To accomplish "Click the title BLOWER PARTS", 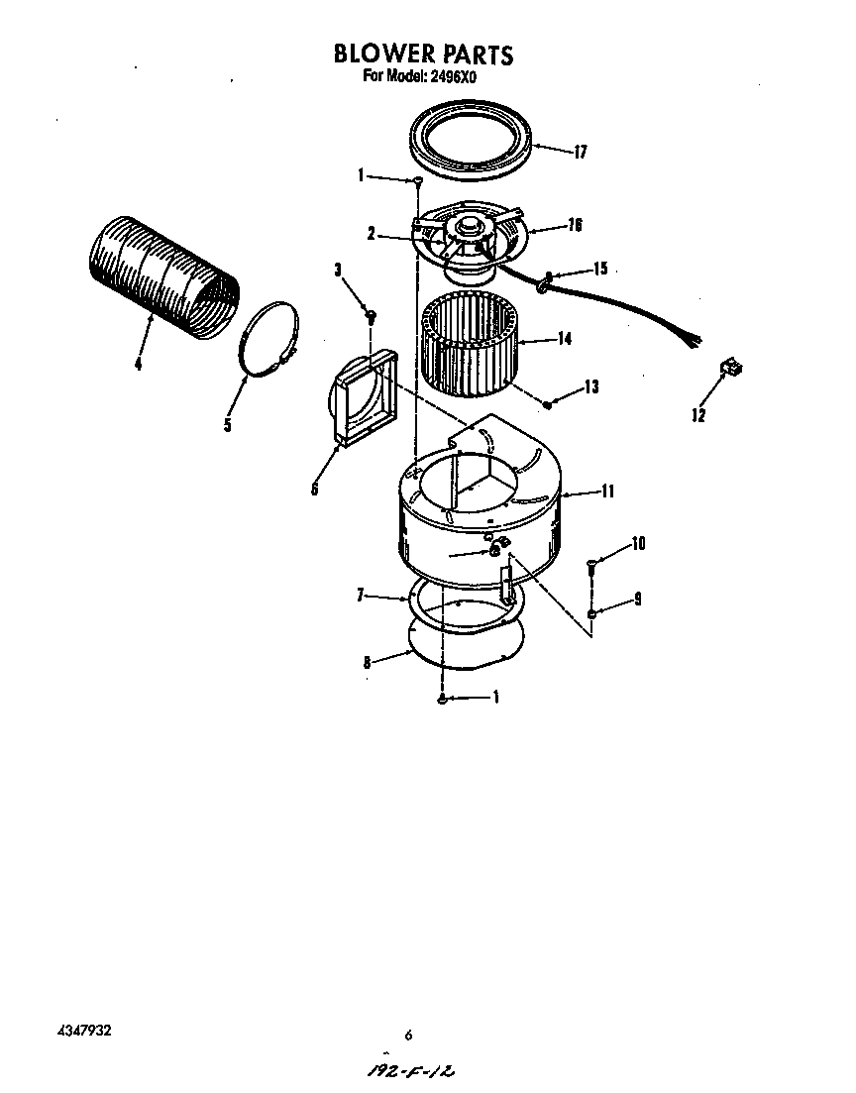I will pyautogui.click(x=423, y=54).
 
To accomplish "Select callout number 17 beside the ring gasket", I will pyautogui.click(x=580, y=152).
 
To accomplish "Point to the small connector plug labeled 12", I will pyautogui.click(x=732, y=369).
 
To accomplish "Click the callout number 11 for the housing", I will pyautogui.click(x=607, y=491).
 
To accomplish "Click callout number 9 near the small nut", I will pyautogui.click(x=637, y=599).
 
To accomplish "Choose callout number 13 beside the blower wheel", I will pyautogui.click(x=590, y=387).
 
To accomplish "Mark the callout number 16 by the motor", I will pyautogui.click(x=574, y=225).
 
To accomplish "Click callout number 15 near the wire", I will pyautogui.click(x=599, y=269).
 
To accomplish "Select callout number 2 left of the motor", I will pyautogui.click(x=371, y=235).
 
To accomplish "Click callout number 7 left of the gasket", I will pyautogui.click(x=362, y=596).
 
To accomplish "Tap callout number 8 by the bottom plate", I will pyautogui.click(x=367, y=663).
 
